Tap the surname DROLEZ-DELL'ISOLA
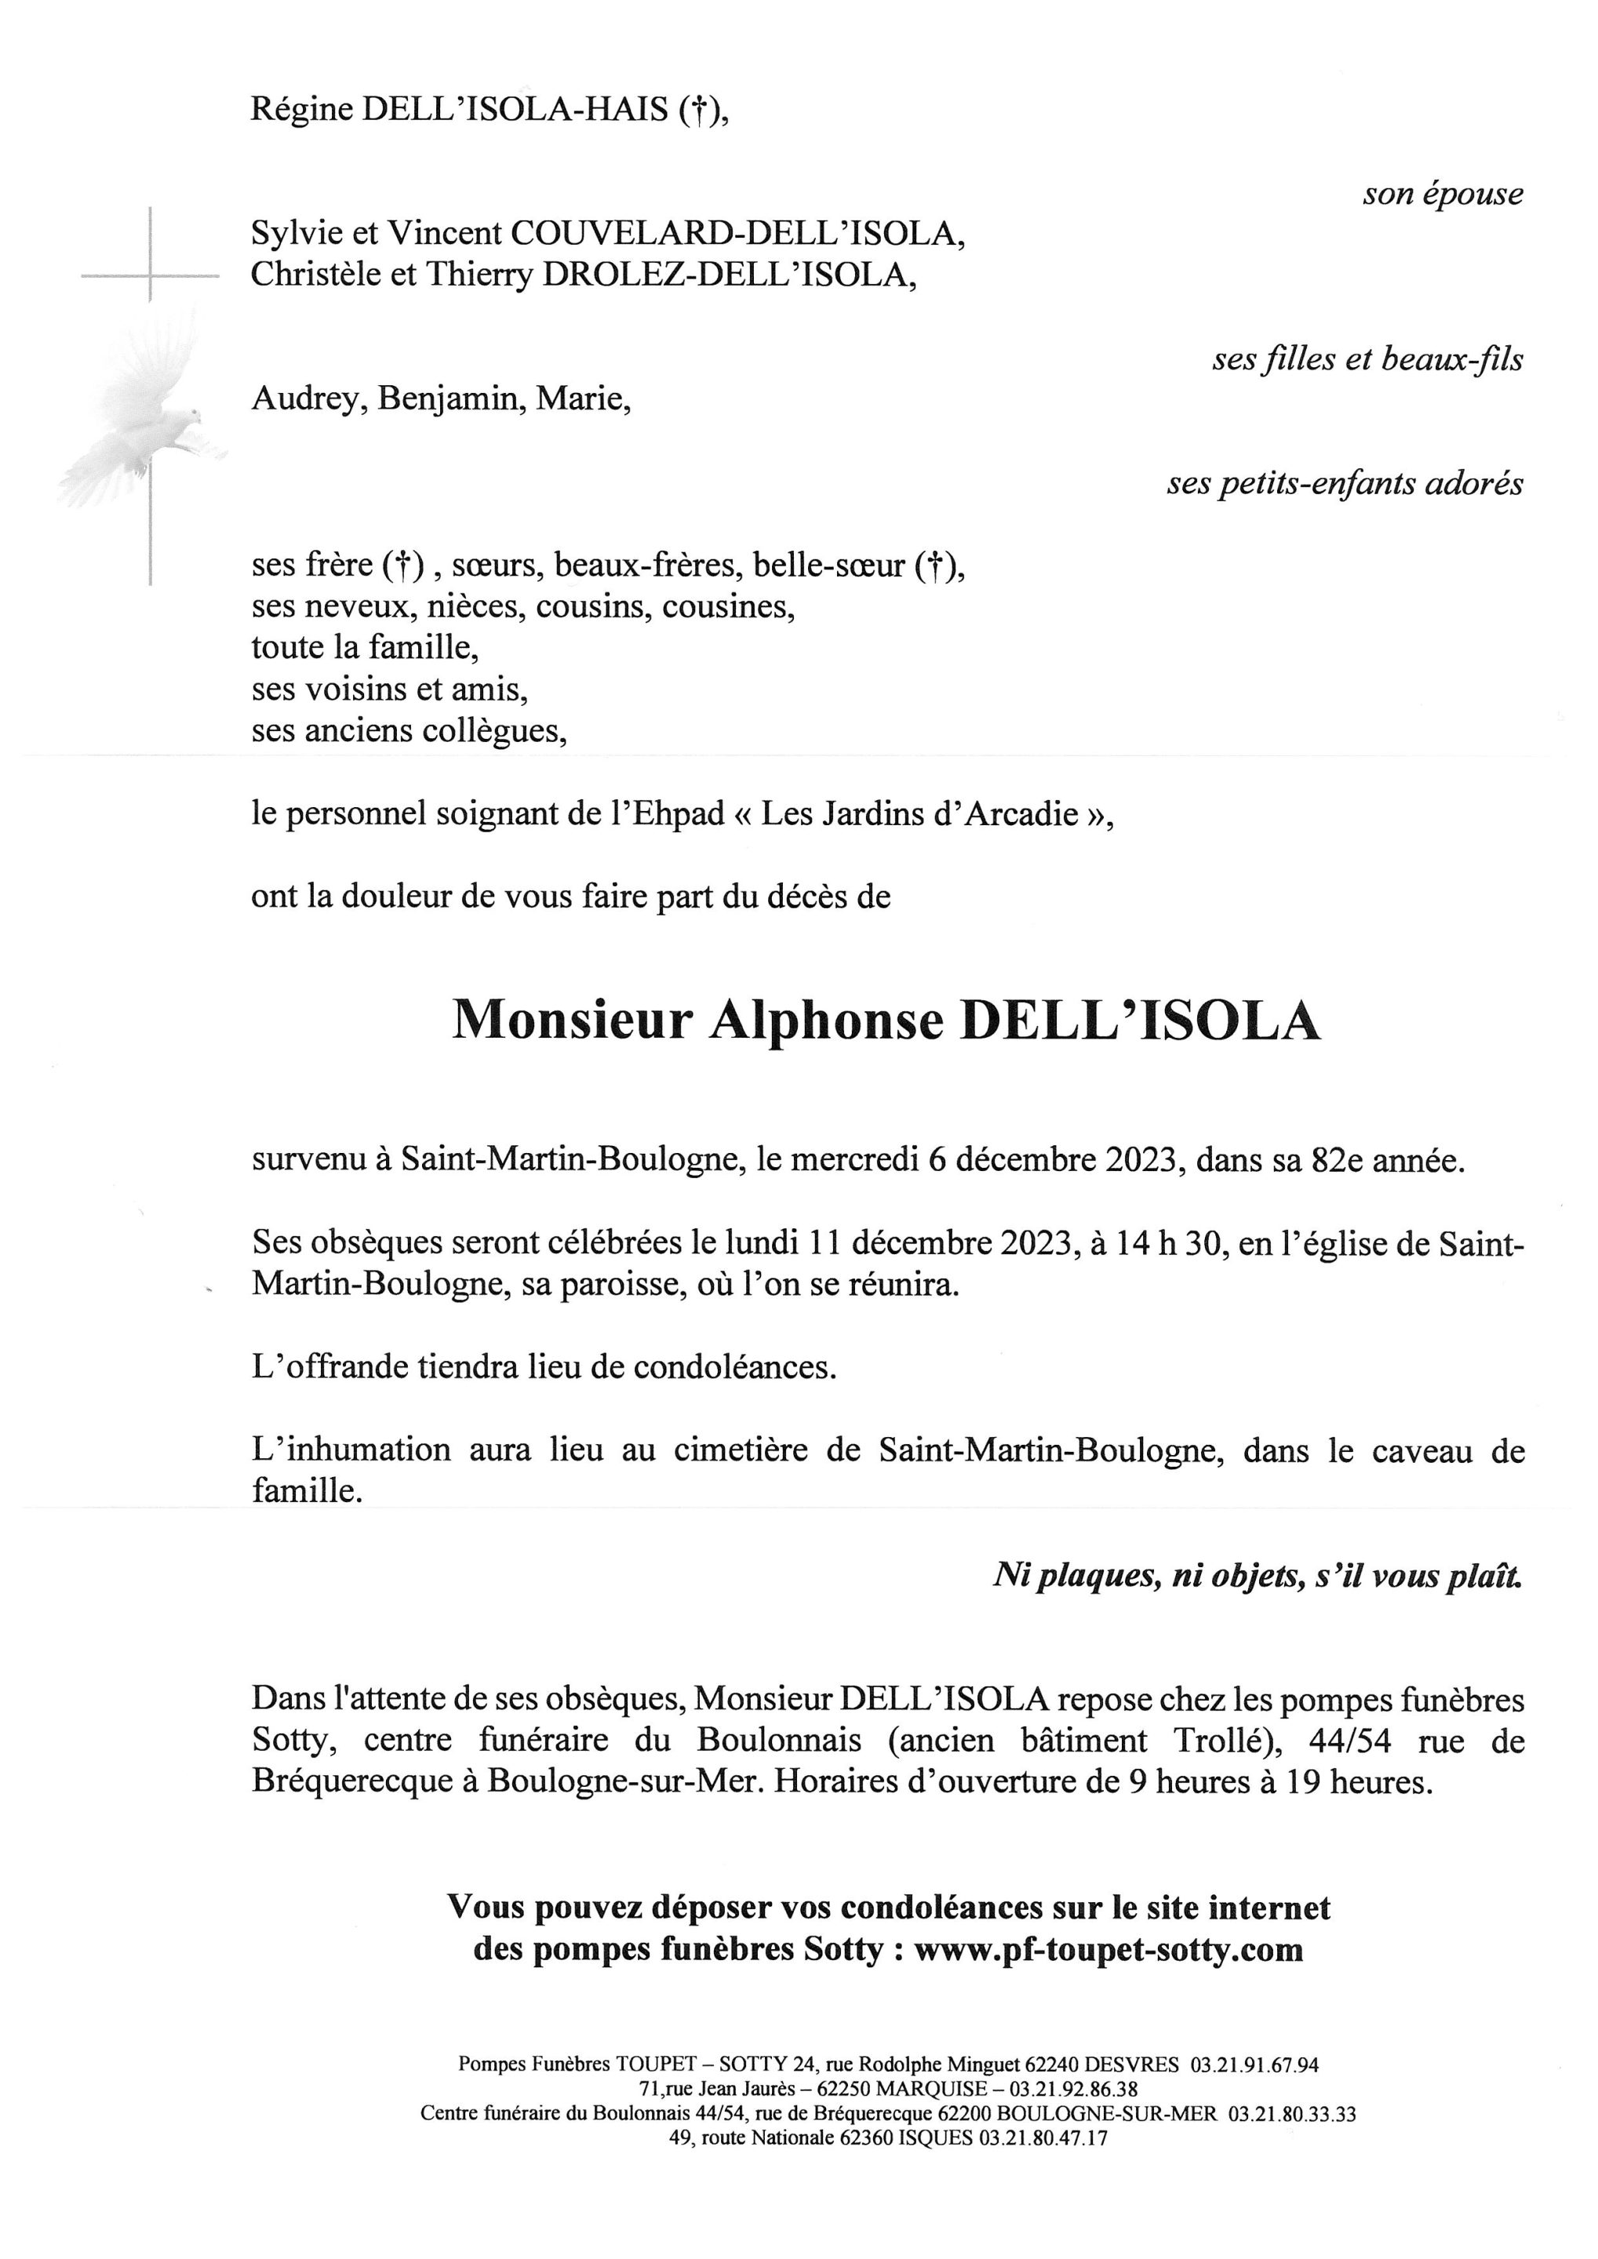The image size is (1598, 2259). coord(729,275)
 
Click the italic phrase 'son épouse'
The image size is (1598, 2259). coord(1443,194)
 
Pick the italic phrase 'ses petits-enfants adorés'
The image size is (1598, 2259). coord(1345,483)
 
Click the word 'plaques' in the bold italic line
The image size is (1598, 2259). coord(1094,1575)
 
